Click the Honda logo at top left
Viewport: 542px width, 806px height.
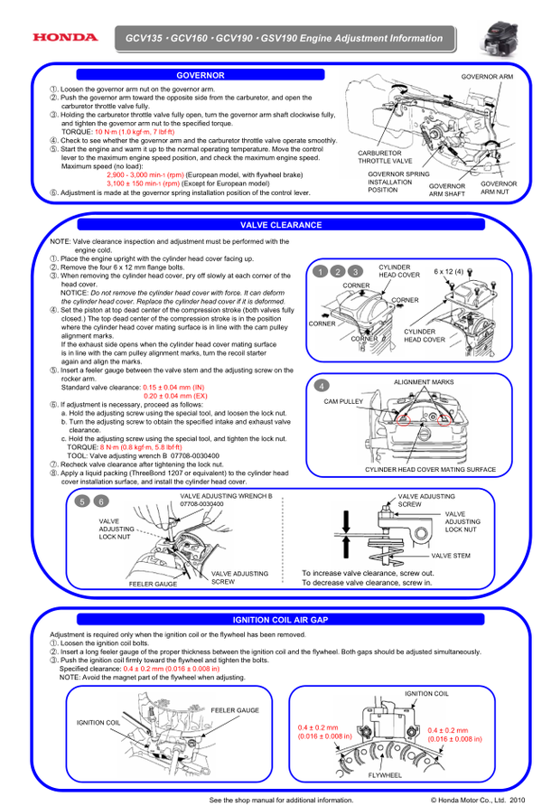63,37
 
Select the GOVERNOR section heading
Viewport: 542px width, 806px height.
201,75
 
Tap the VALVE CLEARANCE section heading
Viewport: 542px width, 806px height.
281,224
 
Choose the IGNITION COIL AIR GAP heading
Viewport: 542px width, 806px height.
281,620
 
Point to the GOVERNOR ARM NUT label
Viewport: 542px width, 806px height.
499,187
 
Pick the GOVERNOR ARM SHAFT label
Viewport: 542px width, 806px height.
447,190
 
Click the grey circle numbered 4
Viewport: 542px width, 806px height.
322,385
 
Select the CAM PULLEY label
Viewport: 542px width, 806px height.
342,399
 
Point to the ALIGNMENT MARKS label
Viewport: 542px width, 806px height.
424,382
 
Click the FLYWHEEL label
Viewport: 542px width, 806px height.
385,775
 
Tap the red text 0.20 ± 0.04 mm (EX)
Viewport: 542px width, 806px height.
176,396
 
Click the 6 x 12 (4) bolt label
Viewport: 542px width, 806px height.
447,271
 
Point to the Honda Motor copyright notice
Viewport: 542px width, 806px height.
476,800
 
